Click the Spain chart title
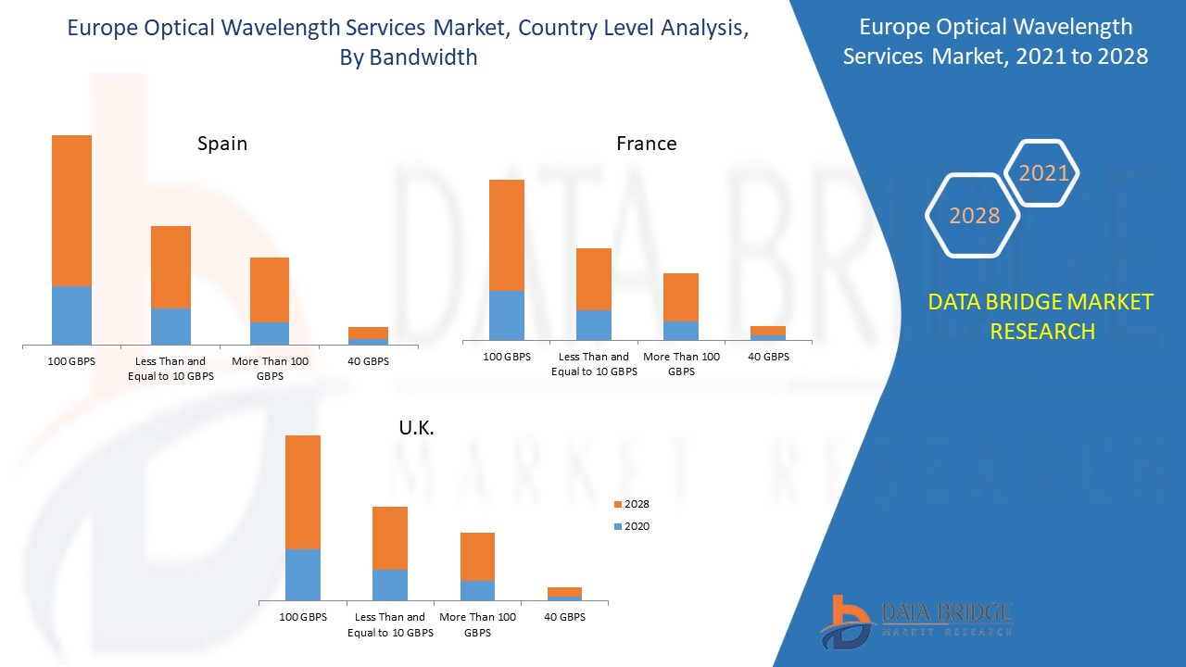[x=221, y=144]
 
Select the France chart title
[x=646, y=144]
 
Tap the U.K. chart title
[x=416, y=428]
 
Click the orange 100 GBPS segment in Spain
[x=71, y=210]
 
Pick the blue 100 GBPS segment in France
[x=506, y=315]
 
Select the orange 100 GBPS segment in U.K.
[x=302, y=492]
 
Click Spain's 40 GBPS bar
[x=368, y=334]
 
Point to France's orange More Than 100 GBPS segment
[x=680, y=296]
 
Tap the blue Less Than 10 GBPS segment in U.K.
[x=389, y=585]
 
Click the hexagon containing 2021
[x=1043, y=173]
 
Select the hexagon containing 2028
[x=973, y=216]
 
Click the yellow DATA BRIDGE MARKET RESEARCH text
[x=1041, y=316]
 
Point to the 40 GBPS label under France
[x=768, y=357]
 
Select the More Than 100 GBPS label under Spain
[x=270, y=369]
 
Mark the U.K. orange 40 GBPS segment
[x=564, y=592]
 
